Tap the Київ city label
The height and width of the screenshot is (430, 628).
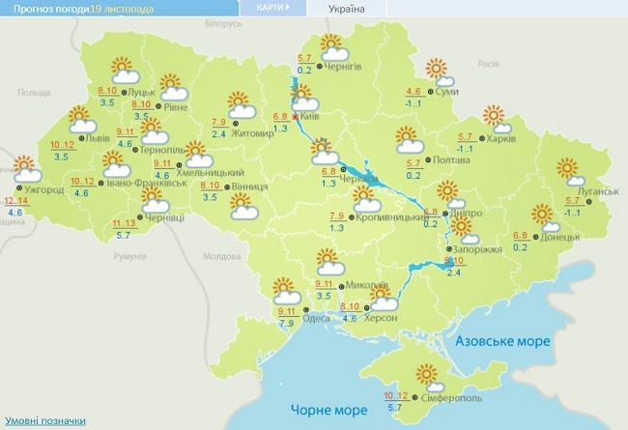[309, 115]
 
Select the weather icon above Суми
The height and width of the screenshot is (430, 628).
[439, 70]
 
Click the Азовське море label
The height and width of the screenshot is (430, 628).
[501, 342]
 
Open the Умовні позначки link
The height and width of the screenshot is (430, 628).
[44, 421]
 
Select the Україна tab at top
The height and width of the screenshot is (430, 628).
[347, 8]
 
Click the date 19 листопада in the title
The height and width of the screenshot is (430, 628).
[121, 8]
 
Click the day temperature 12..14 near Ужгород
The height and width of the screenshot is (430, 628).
[15, 200]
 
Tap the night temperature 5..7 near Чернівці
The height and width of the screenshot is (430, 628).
[125, 234]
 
